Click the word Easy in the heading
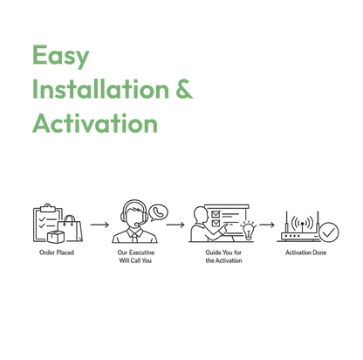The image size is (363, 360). (x=61, y=57)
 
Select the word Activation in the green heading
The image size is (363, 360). (x=95, y=123)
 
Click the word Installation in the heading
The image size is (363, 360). (x=100, y=88)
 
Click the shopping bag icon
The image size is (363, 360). (x=70, y=228)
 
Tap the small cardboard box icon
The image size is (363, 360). (x=55, y=237)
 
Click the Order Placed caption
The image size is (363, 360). (x=57, y=253)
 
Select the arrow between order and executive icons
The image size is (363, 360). (x=99, y=225)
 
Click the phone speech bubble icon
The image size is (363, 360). (x=158, y=212)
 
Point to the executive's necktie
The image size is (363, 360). (x=134, y=237)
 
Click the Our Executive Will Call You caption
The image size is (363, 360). (x=135, y=256)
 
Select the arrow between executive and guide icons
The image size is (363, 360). (x=175, y=225)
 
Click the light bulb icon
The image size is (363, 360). (x=248, y=231)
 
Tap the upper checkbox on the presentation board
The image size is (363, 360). (x=216, y=214)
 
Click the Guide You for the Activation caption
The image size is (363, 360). (x=223, y=256)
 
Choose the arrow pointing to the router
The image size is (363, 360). (x=267, y=225)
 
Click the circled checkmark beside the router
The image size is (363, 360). (x=329, y=232)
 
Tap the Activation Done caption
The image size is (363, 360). (x=305, y=253)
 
